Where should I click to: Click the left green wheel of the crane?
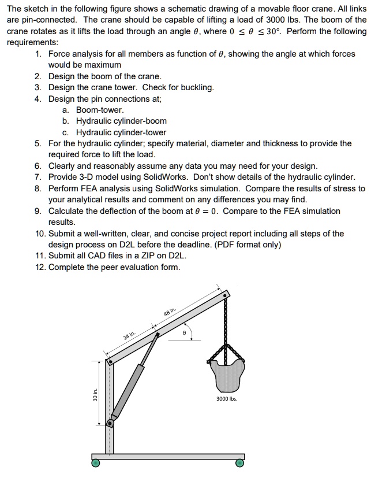96,462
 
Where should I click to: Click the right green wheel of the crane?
239,462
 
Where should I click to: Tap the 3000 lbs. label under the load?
227,398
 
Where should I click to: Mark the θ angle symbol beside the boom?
183,334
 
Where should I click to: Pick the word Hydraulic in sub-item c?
95,132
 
